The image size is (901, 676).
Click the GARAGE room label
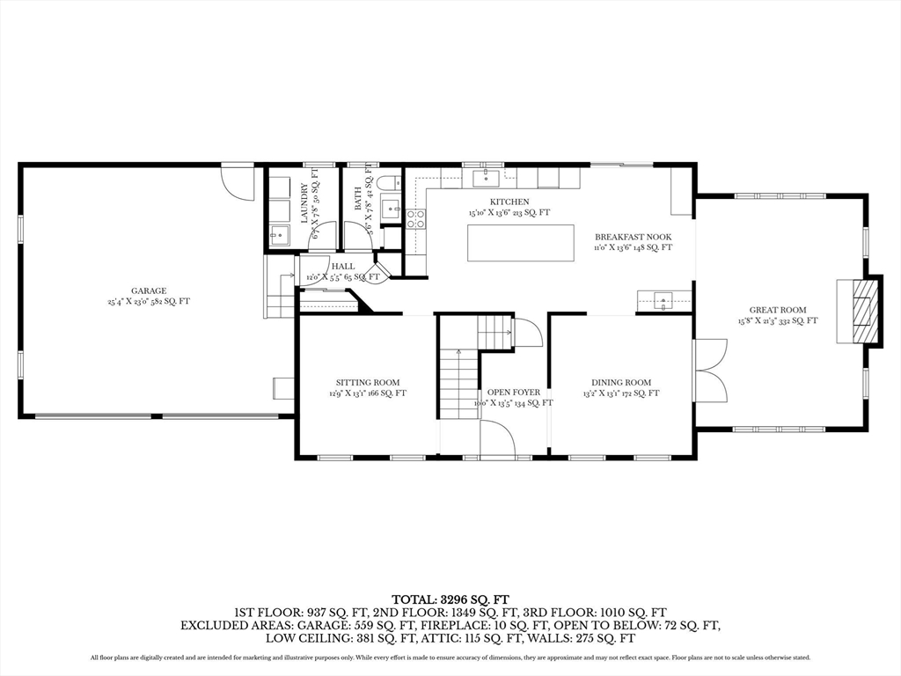pos(149,290)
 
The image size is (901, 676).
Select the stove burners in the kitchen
pos(415,219)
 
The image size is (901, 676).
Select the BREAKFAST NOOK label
pos(633,237)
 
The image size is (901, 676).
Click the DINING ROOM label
pos(620,382)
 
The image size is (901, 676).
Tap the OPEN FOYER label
pos(514,392)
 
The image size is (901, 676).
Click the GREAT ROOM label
pos(777,310)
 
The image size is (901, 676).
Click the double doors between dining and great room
pos(709,370)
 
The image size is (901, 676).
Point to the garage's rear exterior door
pos(237,181)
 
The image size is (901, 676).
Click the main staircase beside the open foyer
pos(458,383)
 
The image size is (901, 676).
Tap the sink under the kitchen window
pos(487,179)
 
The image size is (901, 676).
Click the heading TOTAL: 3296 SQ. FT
pos(450,596)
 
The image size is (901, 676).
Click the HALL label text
pos(343,266)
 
